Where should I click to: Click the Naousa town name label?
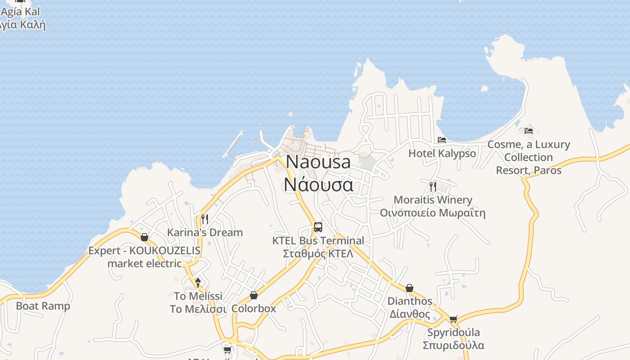click(318, 162)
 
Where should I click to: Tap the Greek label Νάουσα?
click(318, 184)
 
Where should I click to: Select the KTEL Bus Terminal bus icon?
click(318, 227)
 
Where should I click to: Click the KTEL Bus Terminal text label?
click(318, 240)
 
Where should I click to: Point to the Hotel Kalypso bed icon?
click(442, 140)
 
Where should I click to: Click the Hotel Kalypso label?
click(442, 153)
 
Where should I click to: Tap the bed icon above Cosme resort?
click(529, 131)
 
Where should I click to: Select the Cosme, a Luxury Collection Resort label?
click(529, 157)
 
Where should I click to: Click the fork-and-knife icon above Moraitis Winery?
click(433, 186)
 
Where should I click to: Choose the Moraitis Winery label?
click(433, 200)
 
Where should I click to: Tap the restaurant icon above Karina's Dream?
click(205, 219)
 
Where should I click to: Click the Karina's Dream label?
click(205, 233)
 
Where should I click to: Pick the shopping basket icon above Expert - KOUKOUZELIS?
click(144, 237)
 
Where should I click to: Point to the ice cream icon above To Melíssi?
click(198, 283)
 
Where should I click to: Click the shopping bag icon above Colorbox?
click(254, 295)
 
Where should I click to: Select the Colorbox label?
click(254, 309)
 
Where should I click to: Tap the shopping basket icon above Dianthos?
click(409, 288)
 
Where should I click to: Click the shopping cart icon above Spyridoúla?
click(453, 319)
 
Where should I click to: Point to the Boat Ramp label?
click(43, 306)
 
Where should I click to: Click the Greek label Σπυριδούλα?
click(453, 345)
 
